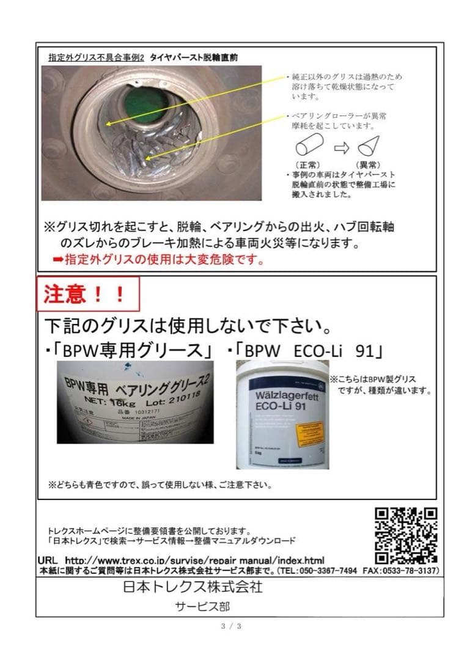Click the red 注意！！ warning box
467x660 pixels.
[88, 295]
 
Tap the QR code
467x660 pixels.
[406, 535]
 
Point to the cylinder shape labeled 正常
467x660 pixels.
[309, 147]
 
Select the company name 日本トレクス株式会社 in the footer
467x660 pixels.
[192, 587]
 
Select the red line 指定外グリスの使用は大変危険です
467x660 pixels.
[159, 259]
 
